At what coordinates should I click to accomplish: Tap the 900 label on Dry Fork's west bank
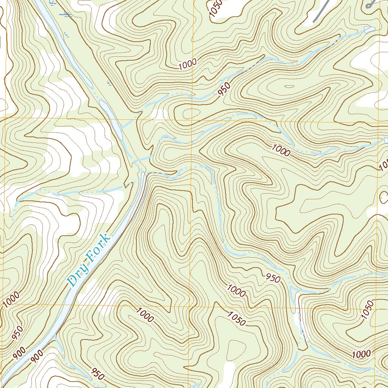(x=19, y=352)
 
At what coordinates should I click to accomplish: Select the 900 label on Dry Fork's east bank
(x=37, y=357)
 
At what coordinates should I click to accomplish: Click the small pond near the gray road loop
(x=369, y=30)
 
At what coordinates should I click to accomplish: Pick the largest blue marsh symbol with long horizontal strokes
(x=67, y=15)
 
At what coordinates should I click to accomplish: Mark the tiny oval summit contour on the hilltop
(x=289, y=86)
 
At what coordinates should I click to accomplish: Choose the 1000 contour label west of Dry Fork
(x=10, y=300)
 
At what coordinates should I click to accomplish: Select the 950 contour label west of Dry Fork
(x=17, y=332)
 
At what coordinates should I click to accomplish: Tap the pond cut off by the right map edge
(x=386, y=140)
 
